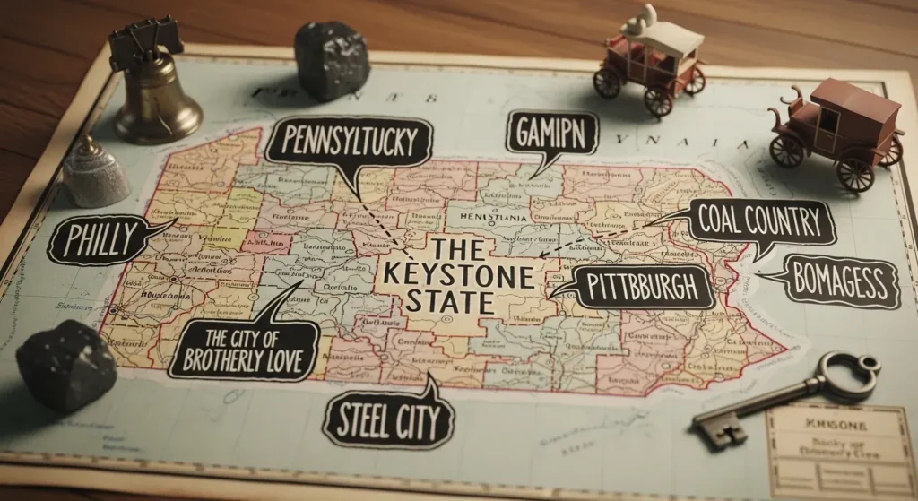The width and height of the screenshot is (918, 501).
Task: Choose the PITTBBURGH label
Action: coord(641,287)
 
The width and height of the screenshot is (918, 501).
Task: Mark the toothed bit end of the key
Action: coord(717,431)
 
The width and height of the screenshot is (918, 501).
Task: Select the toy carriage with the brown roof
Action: coord(838,130)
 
